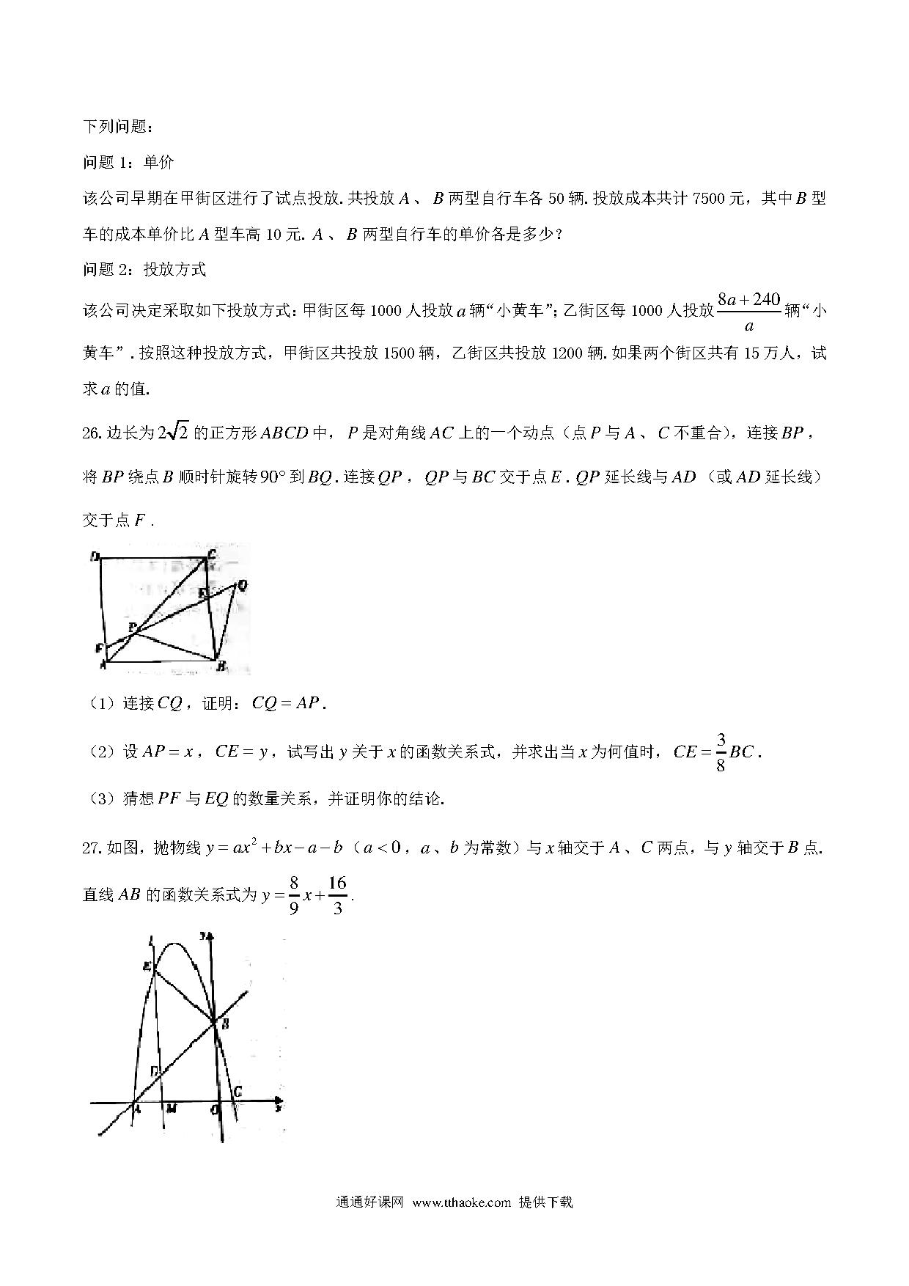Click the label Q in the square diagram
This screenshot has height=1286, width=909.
tap(242, 584)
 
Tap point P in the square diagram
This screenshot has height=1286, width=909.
tap(133, 628)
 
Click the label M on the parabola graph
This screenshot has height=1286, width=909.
tap(170, 1109)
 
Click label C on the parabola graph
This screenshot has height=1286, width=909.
tap(236, 1092)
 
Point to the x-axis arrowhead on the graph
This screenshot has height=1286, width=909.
tap(278, 1101)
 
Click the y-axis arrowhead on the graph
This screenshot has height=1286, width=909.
tap(210, 936)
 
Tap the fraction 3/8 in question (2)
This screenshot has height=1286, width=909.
tap(721, 752)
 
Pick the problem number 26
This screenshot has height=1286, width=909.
tap(92, 433)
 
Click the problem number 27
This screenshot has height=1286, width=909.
tap(92, 848)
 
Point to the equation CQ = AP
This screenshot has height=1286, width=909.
tap(286, 703)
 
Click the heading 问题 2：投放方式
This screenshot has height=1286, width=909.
tap(144, 270)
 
